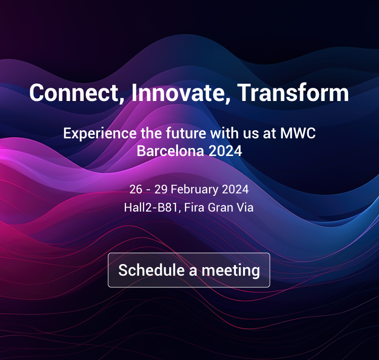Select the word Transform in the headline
click(x=293, y=92)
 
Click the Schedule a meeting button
click(x=189, y=270)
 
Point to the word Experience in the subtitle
click(x=100, y=133)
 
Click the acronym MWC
click(x=298, y=133)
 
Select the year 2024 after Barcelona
click(x=225, y=151)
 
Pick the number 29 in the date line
click(x=161, y=189)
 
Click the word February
click(x=195, y=190)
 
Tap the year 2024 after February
click(x=235, y=189)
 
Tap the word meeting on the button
click(x=230, y=271)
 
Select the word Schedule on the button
click(x=152, y=270)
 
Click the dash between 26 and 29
click(x=149, y=190)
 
